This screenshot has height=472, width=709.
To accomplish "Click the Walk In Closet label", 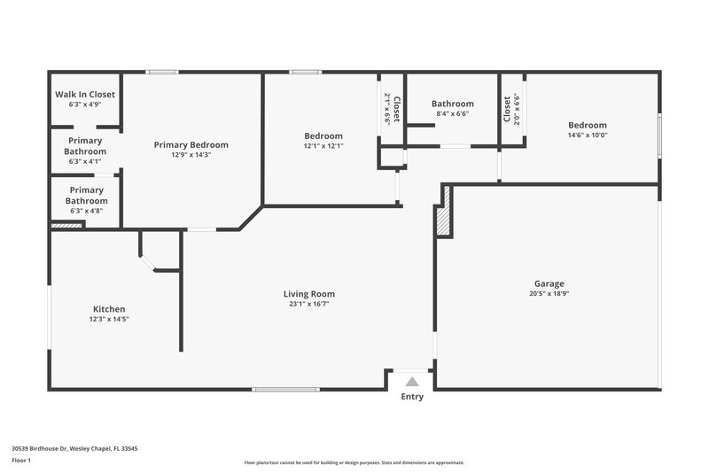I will [85, 94].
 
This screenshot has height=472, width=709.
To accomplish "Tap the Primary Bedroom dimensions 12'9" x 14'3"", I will [191, 155].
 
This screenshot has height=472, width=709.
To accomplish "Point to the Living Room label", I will [309, 294].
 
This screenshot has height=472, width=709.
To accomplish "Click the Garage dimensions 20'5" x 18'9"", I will [548, 294].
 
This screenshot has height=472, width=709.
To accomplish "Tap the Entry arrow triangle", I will [411, 382].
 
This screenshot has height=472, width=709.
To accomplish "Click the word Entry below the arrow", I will [412, 397].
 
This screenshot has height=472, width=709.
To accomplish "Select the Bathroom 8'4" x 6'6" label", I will [453, 104].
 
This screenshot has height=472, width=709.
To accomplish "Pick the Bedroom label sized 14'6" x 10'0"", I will [588, 125].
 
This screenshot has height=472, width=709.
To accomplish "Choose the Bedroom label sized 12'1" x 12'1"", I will [323, 135].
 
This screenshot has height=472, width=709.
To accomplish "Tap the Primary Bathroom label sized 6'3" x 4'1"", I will [85, 146].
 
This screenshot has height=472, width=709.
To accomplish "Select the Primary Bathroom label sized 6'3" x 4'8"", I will [87, 195].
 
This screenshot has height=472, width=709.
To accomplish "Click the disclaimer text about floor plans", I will [354, 462].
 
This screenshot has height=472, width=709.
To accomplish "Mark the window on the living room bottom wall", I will [285, 389].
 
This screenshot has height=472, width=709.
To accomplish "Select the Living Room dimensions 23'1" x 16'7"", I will [309, 304].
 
